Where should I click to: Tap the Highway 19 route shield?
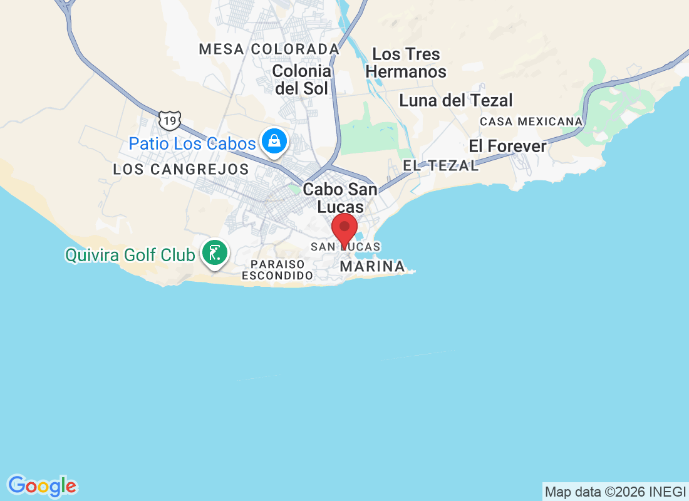[170, 119]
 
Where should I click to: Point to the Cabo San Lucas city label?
[340, 198]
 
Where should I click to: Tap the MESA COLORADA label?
[269, 49]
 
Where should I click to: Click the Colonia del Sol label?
[301, 80]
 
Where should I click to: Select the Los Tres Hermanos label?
[406, 63]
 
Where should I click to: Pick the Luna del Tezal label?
[456, 100]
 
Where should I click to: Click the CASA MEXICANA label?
[531, 121]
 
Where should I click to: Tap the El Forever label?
[507, 147]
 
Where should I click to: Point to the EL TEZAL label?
[441, 166]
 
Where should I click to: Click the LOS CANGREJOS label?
[181, 169]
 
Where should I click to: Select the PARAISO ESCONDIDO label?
[277, 270]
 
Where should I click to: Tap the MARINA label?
[372, 267]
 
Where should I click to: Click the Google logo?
[43, 486]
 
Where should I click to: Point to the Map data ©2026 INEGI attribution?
[615, 492]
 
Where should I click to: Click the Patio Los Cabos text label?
[192, 143]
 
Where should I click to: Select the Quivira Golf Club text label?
[130, 255]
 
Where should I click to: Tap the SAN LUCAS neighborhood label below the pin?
[346, 247]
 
